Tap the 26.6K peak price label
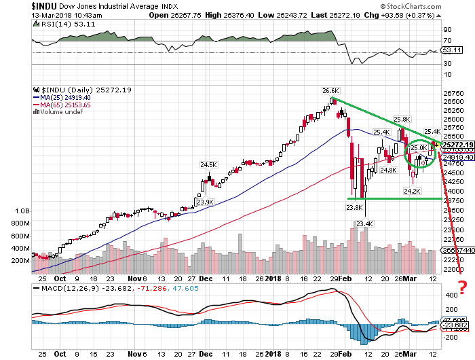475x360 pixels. tap(330, 90)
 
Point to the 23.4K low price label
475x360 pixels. tap(364, 223)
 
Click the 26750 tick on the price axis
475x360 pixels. tap(452, 94)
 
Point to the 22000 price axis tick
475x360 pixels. tap(452, 270)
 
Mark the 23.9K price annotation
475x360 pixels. tap(204, 202)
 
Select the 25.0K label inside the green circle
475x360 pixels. tap(419, 148)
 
